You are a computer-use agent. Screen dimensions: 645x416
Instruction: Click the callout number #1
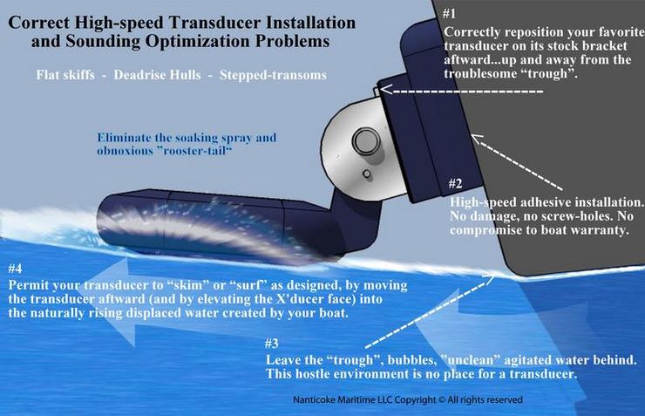[x=449, y=14]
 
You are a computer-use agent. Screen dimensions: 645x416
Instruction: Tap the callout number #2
[x=455, y=183]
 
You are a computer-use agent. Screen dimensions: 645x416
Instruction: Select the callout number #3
[x=271, y=343]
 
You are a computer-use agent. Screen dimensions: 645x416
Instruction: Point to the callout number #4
[x=15, y=269]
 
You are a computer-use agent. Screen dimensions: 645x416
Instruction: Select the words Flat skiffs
[x=65, y=75]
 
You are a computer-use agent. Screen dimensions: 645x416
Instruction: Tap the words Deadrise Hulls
[x=157, y=75]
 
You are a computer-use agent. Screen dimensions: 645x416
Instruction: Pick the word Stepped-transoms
[x=273, y=75]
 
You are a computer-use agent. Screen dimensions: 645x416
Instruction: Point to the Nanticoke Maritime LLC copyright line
[x=408, y=399]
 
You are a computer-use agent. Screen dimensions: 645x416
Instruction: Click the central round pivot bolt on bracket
[x=365, y=141]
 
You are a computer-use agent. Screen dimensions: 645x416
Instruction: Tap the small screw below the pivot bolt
[x=366, y=174]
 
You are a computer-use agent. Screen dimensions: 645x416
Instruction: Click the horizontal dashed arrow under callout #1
[x=461, y=90]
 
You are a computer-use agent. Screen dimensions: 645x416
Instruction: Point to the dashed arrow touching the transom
[x=517, y=162]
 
